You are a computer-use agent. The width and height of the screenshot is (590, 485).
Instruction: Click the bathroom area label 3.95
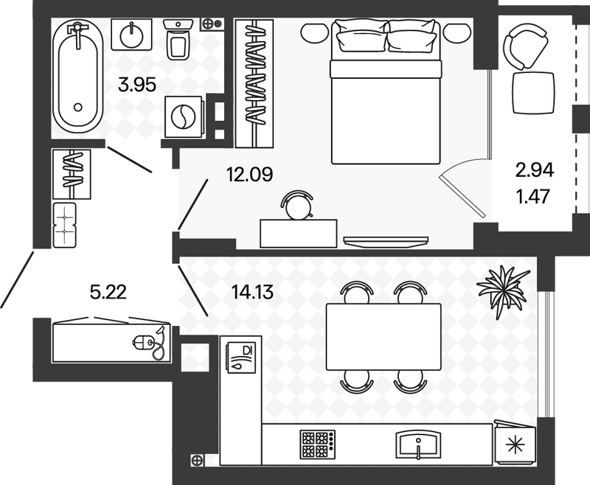tap(137, 85)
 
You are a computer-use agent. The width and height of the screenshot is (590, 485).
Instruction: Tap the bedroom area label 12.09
tap(250, 175)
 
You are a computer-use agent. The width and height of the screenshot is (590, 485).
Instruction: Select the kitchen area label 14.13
tap(252, 292)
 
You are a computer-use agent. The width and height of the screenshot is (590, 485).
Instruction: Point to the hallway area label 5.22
tap(108, 292)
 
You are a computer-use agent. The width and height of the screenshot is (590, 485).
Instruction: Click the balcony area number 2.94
tap(535, 171)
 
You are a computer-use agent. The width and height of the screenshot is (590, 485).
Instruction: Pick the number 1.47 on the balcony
tap(534, 196)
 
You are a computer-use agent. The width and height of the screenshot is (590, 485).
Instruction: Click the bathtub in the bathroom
tap(78, 77)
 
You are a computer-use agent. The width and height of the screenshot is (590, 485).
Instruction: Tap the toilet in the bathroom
tap(178, 39)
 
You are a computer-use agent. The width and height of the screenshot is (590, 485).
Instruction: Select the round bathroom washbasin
tap(132, 35)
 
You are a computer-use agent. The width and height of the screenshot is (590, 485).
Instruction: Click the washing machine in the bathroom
tap(184, 116)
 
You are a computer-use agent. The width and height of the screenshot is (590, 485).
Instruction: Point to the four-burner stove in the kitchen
tap(318, 444)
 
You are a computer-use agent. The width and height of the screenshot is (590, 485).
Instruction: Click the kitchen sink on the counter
tap(418, 444)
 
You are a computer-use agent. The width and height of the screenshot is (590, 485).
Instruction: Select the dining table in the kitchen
tap(383, 337)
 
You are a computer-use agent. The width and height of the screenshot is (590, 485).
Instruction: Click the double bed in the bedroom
tap(386, 92)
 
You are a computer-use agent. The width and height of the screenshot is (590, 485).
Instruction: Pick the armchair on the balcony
tap(526, 47)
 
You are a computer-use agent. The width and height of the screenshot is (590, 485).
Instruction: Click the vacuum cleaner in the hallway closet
tap(150, 343)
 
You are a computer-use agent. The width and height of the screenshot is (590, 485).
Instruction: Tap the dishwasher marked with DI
tap(241, 357)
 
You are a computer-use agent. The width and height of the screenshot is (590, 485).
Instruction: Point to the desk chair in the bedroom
tap(298, 204)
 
